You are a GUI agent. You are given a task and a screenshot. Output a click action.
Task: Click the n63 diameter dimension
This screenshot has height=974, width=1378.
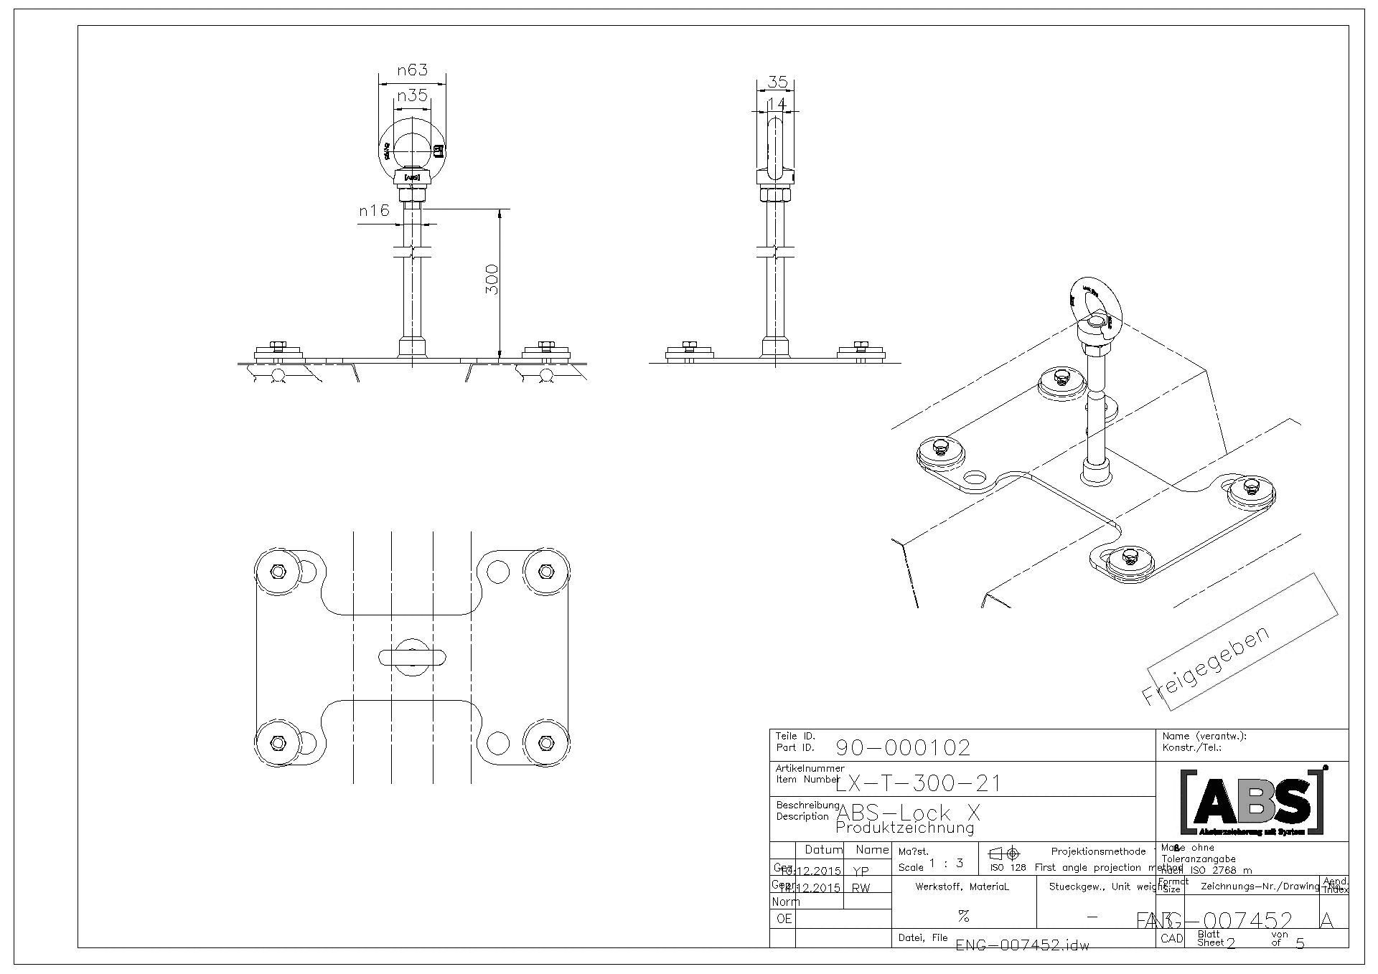pyautogui.click(x=412, y=70)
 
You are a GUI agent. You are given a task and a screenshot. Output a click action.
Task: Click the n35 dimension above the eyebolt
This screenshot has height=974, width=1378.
pyautogui.click(x=412, y=95)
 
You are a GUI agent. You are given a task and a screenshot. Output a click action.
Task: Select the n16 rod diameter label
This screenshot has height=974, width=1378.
pyautogui.click(x=374, y=210)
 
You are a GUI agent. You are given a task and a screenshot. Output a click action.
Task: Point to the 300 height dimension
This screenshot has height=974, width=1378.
pyautogui.click(x=492, y=279)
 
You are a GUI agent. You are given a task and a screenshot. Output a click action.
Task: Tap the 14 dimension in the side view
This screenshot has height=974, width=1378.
pyautogui.click(x=777, y=104)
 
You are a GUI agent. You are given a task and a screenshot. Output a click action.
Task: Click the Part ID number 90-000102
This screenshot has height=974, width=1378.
pyautogui.click(x=903, y=748)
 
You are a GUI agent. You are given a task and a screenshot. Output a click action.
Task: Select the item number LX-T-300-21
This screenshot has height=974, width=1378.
pyautogui.click(x=918, y=782)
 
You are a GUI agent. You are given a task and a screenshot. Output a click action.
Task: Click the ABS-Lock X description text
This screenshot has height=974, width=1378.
pyautogui.click(x=908, y=813)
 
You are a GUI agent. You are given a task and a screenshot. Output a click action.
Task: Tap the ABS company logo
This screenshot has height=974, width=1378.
pyautogui.click(x=1252, y=802)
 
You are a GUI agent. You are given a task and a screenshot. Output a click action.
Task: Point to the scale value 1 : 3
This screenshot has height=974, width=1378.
pyautogui.click(x=946, y=864)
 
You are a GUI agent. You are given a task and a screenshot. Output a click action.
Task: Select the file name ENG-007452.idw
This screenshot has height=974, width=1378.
pyautogui.click(x=1022, y=945)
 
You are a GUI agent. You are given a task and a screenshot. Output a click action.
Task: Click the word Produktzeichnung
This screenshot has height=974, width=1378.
pyautogui.click(x=905, y=828)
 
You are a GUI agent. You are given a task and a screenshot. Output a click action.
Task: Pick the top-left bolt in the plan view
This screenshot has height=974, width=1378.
pyautogui.click(x=277, y=572)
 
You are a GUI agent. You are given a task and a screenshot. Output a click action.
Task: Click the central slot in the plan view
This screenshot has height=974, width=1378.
pyautogui.click(x=413, y=656)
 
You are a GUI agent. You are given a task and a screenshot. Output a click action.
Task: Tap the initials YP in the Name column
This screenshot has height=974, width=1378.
pyautogui.click(x=861, y=871)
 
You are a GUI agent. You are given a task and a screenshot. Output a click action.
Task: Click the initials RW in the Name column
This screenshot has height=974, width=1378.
pyautogui.click(x=861, y=888)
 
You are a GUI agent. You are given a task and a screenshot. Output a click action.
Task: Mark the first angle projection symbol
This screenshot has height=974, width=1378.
pyautogui.click(x=1004, y=854)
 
